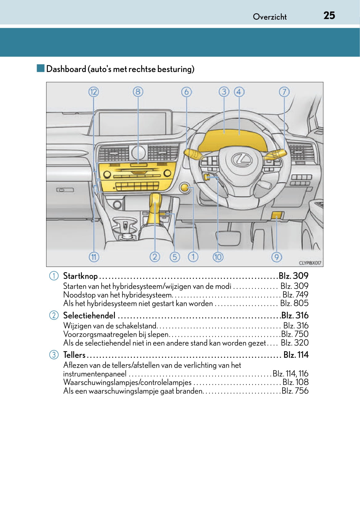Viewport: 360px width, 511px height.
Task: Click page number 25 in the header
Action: [329, 15]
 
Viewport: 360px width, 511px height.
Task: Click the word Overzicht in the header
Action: [270, 17]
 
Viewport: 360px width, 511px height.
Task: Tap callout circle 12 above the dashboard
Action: [93, 92]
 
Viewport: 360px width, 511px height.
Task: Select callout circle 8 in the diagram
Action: [138, 92]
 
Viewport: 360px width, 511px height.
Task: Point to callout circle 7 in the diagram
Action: [284, 92]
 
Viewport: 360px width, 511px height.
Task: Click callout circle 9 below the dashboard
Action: [276, 257]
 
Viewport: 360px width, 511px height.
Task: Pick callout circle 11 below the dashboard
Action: [94, 257]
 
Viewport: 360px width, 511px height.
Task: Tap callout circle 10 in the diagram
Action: [218, 257]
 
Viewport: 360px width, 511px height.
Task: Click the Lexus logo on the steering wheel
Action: [242, 159]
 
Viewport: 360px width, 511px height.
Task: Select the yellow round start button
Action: [184, 188]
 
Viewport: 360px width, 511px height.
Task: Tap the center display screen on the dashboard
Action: [135, 124]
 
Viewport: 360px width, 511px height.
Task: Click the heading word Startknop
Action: [80, 276]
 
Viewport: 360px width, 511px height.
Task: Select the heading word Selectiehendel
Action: [89, 315]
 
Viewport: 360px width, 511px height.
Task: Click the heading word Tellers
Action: [74, 355]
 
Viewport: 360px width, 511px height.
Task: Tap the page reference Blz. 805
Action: [294, 303]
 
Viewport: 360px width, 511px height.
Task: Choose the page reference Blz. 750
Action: [295, 334]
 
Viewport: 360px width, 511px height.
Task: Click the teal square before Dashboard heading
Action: [40, 68]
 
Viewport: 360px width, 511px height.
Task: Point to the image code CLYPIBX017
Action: [310, 263]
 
